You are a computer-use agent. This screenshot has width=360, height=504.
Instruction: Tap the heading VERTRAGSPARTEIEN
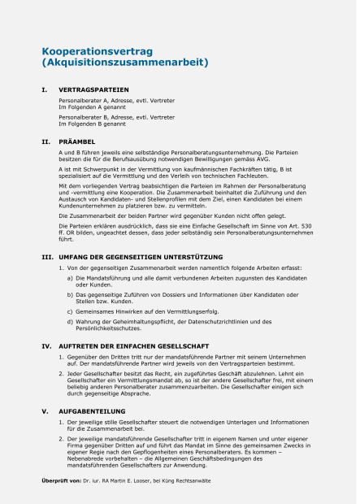pyautogui.click(x=94, y=89)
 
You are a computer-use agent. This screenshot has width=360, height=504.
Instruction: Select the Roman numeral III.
pyautogui.click(x=47, y=257)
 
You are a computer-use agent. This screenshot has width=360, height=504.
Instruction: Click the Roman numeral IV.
pyautogui.click(x=46, y=346)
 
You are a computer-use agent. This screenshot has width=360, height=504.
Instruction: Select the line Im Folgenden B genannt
pyautogui.click(x=91, y=124)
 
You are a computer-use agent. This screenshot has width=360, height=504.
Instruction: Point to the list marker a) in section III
pyautogui.click(x=70, y=279)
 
